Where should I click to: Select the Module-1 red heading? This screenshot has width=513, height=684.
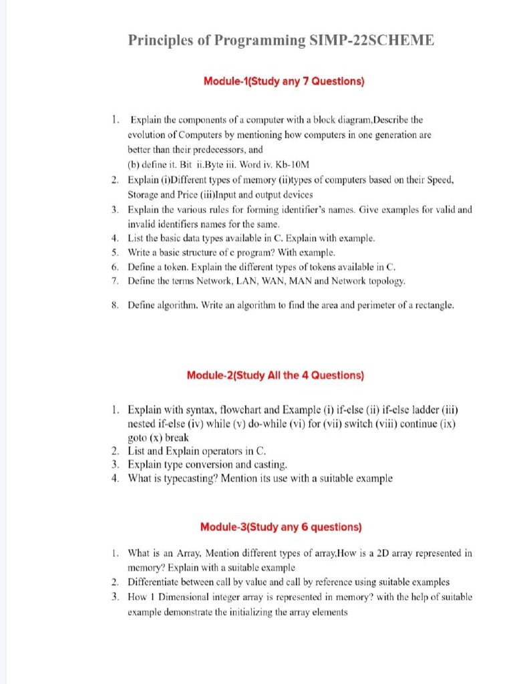[284, 82]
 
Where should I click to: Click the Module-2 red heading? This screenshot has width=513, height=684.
[275, 375]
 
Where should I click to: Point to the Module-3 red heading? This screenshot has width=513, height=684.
[281, 527]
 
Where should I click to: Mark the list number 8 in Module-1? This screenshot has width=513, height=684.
[116, 305]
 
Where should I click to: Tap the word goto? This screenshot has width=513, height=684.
[138, 438]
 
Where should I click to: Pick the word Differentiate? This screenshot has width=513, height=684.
[156, 582]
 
